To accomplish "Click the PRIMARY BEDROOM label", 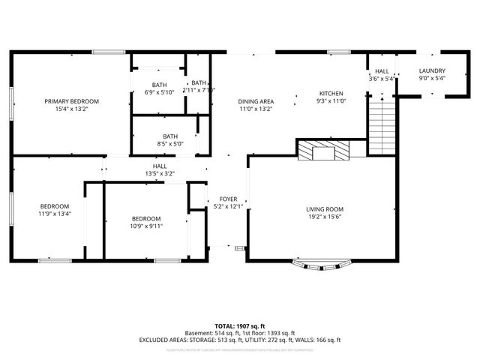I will (72, 101).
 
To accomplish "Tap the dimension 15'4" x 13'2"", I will (72, 109).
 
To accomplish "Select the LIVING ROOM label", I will (324, 209).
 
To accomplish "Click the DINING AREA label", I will (256, 101).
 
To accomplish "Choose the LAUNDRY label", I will (432, 70).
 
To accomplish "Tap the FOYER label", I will (228, 199).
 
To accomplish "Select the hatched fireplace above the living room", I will (323, 151).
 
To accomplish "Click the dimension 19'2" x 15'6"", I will (324, 217).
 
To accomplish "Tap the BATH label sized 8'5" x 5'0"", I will (170, 136).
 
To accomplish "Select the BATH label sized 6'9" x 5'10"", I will (158, 85).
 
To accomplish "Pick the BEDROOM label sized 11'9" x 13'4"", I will (55, 206).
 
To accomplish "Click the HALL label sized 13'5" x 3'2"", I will (160, 166).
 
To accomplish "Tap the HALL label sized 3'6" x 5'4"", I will (382, 70).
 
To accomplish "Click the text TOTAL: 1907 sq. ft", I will (240, 325).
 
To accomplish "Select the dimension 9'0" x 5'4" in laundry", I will (432, 78).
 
